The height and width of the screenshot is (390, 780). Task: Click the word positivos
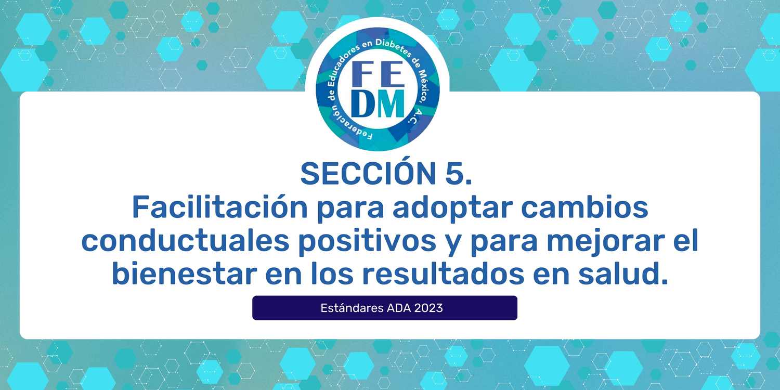point(367,242)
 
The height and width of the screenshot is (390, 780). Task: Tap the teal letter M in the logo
point(389,103)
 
